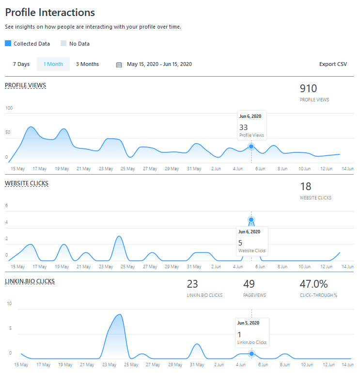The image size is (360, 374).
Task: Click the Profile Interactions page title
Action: click(x=50, y=13)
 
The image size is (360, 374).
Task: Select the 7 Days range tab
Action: click(x=21, y=64)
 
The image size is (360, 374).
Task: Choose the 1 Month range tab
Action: click(x=53, y=64)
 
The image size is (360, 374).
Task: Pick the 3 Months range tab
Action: click(x=87, y=64)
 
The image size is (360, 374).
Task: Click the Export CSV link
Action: click(x=333, y=64)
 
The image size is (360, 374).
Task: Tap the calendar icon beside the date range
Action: click(x=119, y=65)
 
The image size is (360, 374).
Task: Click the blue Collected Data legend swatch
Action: click(x=8, y=43)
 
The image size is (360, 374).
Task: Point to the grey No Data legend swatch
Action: click(x=63, y=43)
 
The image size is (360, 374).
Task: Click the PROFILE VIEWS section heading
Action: click(x=25, y=85)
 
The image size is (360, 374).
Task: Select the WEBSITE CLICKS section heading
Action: click(x=27, y=183)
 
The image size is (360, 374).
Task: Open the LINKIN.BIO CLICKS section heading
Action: click(x=30, y=281)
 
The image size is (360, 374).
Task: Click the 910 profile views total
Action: click(x=308, y=88)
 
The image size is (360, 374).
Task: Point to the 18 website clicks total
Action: click(x=305, y=186)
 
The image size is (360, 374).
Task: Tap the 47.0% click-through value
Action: click(x=313, y=284)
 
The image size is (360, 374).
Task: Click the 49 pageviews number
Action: click(x=249, y=284)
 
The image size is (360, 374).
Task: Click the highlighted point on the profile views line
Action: click(x=251, y=146)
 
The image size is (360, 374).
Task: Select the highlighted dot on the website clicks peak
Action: click(x=251, y=220)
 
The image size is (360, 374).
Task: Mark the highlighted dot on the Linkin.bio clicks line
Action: click(x=251, y=354)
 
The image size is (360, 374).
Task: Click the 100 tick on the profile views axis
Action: click(x=9, y=108)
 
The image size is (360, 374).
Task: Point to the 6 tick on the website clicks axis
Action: click(x=7, y=206)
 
